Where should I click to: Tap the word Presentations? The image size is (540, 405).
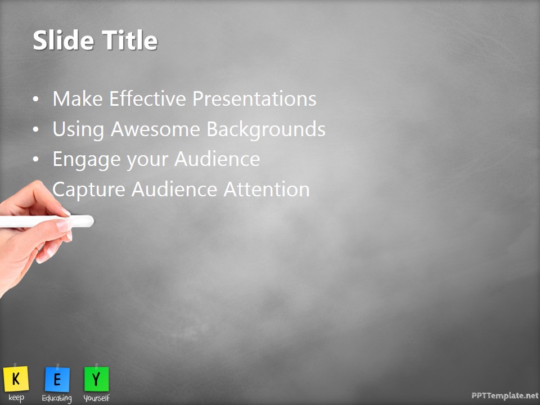click(254, 99)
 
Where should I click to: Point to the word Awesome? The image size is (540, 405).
click(156, 129)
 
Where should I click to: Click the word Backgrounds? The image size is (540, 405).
click(266, 129)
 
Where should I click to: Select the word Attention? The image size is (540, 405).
click(267, 190)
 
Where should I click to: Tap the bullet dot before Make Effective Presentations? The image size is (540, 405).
click(36, 100)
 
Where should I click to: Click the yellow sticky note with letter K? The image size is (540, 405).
click(16, 379)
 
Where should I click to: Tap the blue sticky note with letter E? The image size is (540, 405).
click(57, 380)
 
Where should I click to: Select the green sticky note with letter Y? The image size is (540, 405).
click(96, 379)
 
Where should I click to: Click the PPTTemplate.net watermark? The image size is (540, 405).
click(505, 396)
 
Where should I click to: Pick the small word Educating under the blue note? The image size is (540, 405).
click(57, 398)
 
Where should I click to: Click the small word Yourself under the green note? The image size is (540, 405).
click(96, 398)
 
